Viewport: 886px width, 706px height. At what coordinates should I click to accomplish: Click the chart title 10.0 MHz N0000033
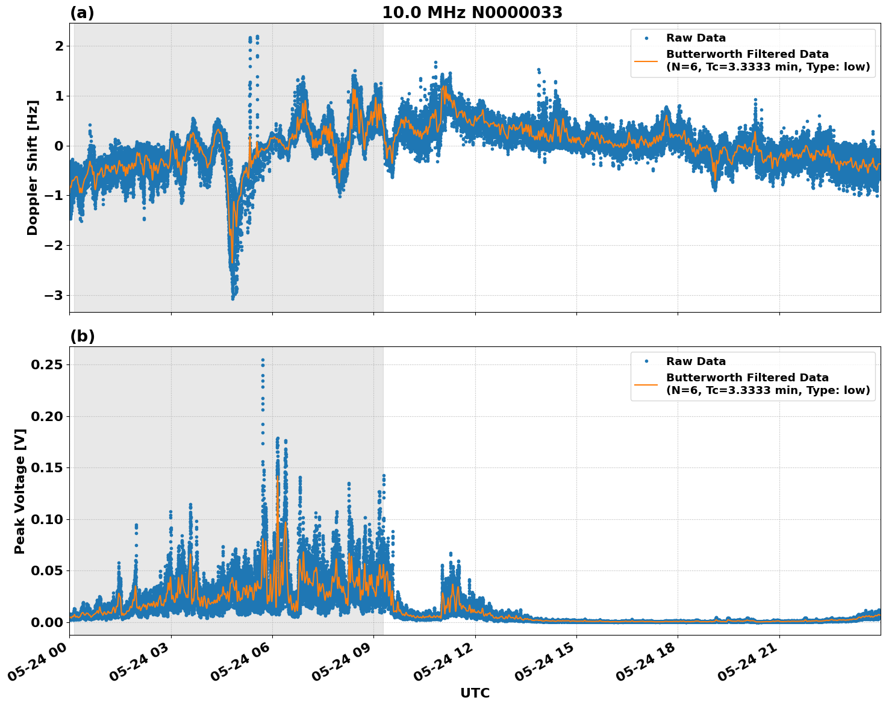(x=472, y=13)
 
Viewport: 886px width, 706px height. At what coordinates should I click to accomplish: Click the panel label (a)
(x=82, y=13)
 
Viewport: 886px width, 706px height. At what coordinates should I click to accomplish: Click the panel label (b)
(x=82, y=336)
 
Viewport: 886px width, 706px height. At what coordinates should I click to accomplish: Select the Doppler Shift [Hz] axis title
(x=33, y=167)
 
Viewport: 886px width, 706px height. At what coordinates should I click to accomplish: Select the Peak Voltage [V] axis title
(x=20, y=491)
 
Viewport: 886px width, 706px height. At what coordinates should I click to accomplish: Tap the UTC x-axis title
(x=475, y=693)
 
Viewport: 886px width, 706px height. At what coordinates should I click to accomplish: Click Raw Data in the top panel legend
(x=696, y=38)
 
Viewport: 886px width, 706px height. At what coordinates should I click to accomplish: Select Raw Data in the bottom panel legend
(x=696, y=361)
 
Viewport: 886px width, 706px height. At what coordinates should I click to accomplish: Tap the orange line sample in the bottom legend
(x=646, y=384)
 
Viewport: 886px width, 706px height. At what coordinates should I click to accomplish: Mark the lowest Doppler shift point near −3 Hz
(x=233, y=298)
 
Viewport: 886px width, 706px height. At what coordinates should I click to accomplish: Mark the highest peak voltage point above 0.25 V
(x=263, y=360)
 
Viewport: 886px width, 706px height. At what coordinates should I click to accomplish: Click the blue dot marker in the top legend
(x=646, y=38)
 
